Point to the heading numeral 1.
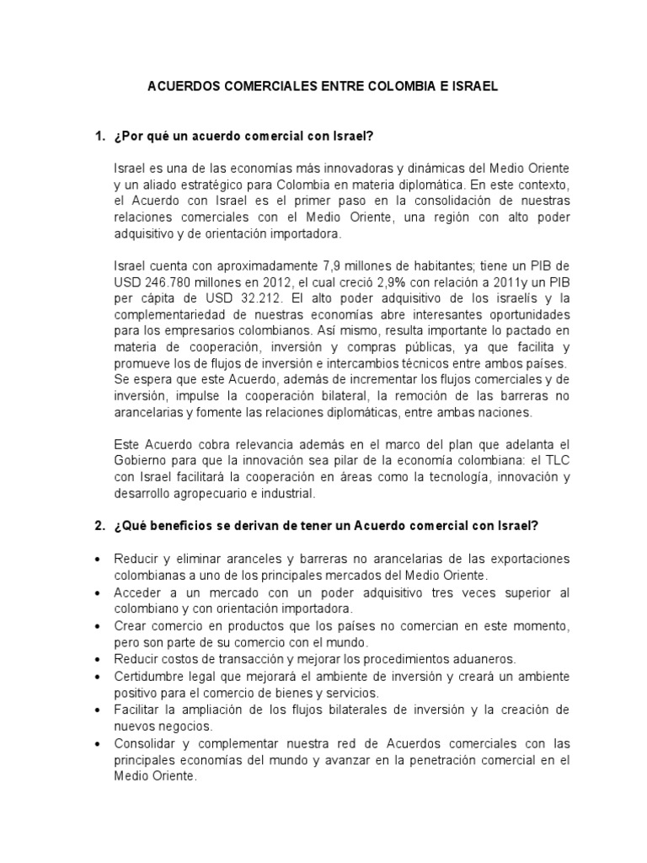(100, 136)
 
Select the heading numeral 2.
(100, 526)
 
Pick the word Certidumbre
(150, 676)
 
